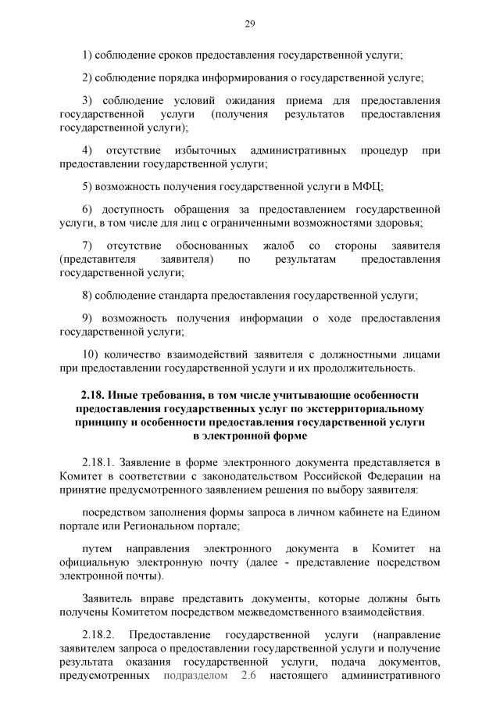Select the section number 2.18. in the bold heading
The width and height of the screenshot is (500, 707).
pyautogui.click(x=96, y=395)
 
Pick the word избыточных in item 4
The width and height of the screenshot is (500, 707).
pyautogui.click(x=205, y=150)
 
